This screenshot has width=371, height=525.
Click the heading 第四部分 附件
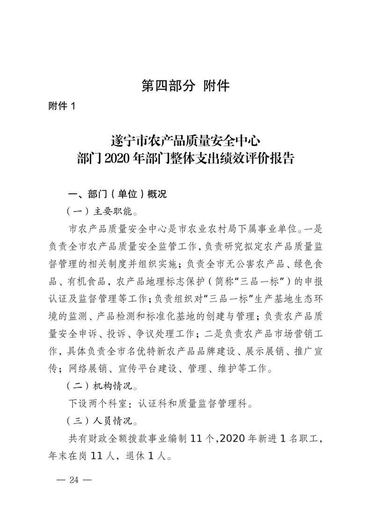[x=185, y=86]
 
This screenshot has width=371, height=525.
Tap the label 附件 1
[x=62, y=106]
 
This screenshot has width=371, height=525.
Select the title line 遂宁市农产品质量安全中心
[x=185, y=140]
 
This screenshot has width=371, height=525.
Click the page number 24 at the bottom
[x=74, y=480]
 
